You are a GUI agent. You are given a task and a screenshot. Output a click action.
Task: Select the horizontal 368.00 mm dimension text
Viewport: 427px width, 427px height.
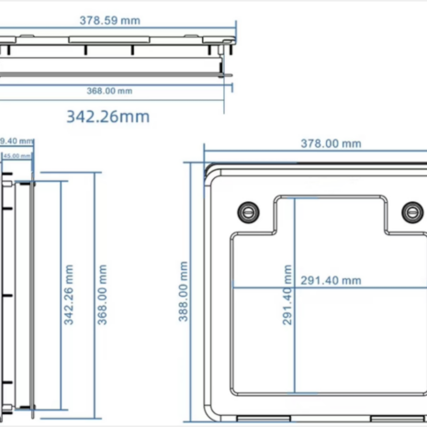point(110,90)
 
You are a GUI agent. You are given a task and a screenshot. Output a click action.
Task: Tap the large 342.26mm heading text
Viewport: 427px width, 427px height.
point(107,117)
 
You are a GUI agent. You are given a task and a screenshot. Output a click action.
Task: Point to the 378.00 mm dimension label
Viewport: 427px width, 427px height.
point(331,143)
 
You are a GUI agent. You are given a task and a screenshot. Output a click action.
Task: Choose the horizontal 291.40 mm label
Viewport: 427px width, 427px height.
point(331,281)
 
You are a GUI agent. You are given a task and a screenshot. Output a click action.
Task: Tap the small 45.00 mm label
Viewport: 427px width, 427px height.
point(14,156)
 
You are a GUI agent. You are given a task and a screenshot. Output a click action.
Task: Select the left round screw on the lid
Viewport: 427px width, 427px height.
point(247,210)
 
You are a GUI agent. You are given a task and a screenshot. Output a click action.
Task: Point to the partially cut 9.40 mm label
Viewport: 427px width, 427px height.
point(17,141)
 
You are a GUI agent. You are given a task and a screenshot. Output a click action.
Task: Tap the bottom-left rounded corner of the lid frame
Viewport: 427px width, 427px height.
point(209,410)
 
